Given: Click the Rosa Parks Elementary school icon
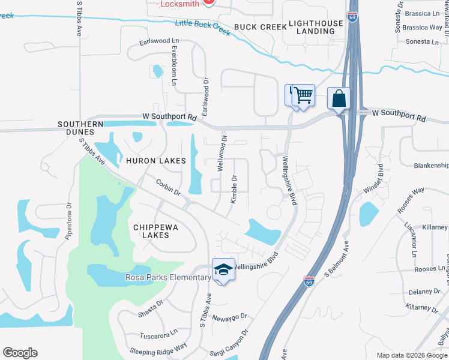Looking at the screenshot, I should click(223, 270).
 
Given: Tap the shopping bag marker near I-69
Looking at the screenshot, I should click(339, 98).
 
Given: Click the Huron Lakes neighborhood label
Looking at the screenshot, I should click(155, 161).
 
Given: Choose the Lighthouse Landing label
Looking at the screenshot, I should click(316, 27).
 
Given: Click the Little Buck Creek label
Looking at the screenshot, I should click(203, 27).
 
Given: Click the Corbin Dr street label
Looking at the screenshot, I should click(168, 187).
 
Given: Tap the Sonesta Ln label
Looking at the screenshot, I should click(422, 42).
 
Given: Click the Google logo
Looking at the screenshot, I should click(20, 353).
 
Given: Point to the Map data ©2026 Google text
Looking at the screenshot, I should click(411, 355).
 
